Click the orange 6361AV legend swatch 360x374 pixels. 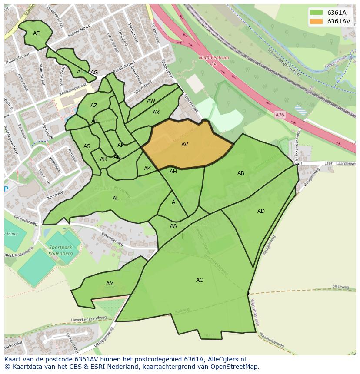click(x=316, y=21)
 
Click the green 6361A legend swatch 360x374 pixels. click(x=316, y=13)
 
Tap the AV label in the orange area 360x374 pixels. click(x=185, y=145)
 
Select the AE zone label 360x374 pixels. click(x=37, y=33)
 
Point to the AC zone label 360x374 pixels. click(x=200, y=280)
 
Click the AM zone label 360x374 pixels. click(x=110, y=284)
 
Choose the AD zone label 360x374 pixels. click(x=261, y=211)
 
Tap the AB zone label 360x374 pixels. click(x=241, y=173)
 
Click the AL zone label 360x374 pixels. click(x=116, y=199)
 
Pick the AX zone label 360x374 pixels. click(x=156, y=113)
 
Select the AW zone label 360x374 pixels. click(x=151, y=101)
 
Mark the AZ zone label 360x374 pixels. click(x=94, y=106)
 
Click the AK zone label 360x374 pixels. click(x=147, y=169)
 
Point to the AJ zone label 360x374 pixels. click(x=80, y=72)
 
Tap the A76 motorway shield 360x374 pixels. click(x=280, y=115)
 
